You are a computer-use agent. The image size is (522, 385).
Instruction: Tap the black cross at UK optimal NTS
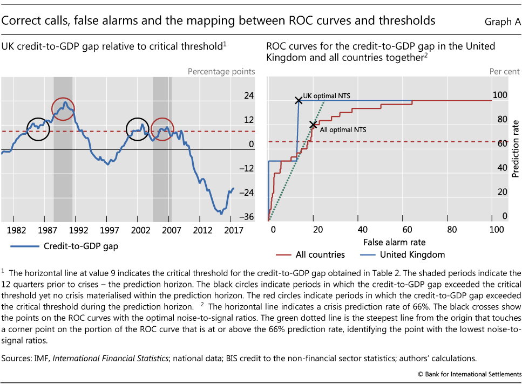[x=298, y=100]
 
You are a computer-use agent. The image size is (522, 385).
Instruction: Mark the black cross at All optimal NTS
[x=313, y=125]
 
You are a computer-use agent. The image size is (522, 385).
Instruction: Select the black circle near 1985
[x=38, y=129]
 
